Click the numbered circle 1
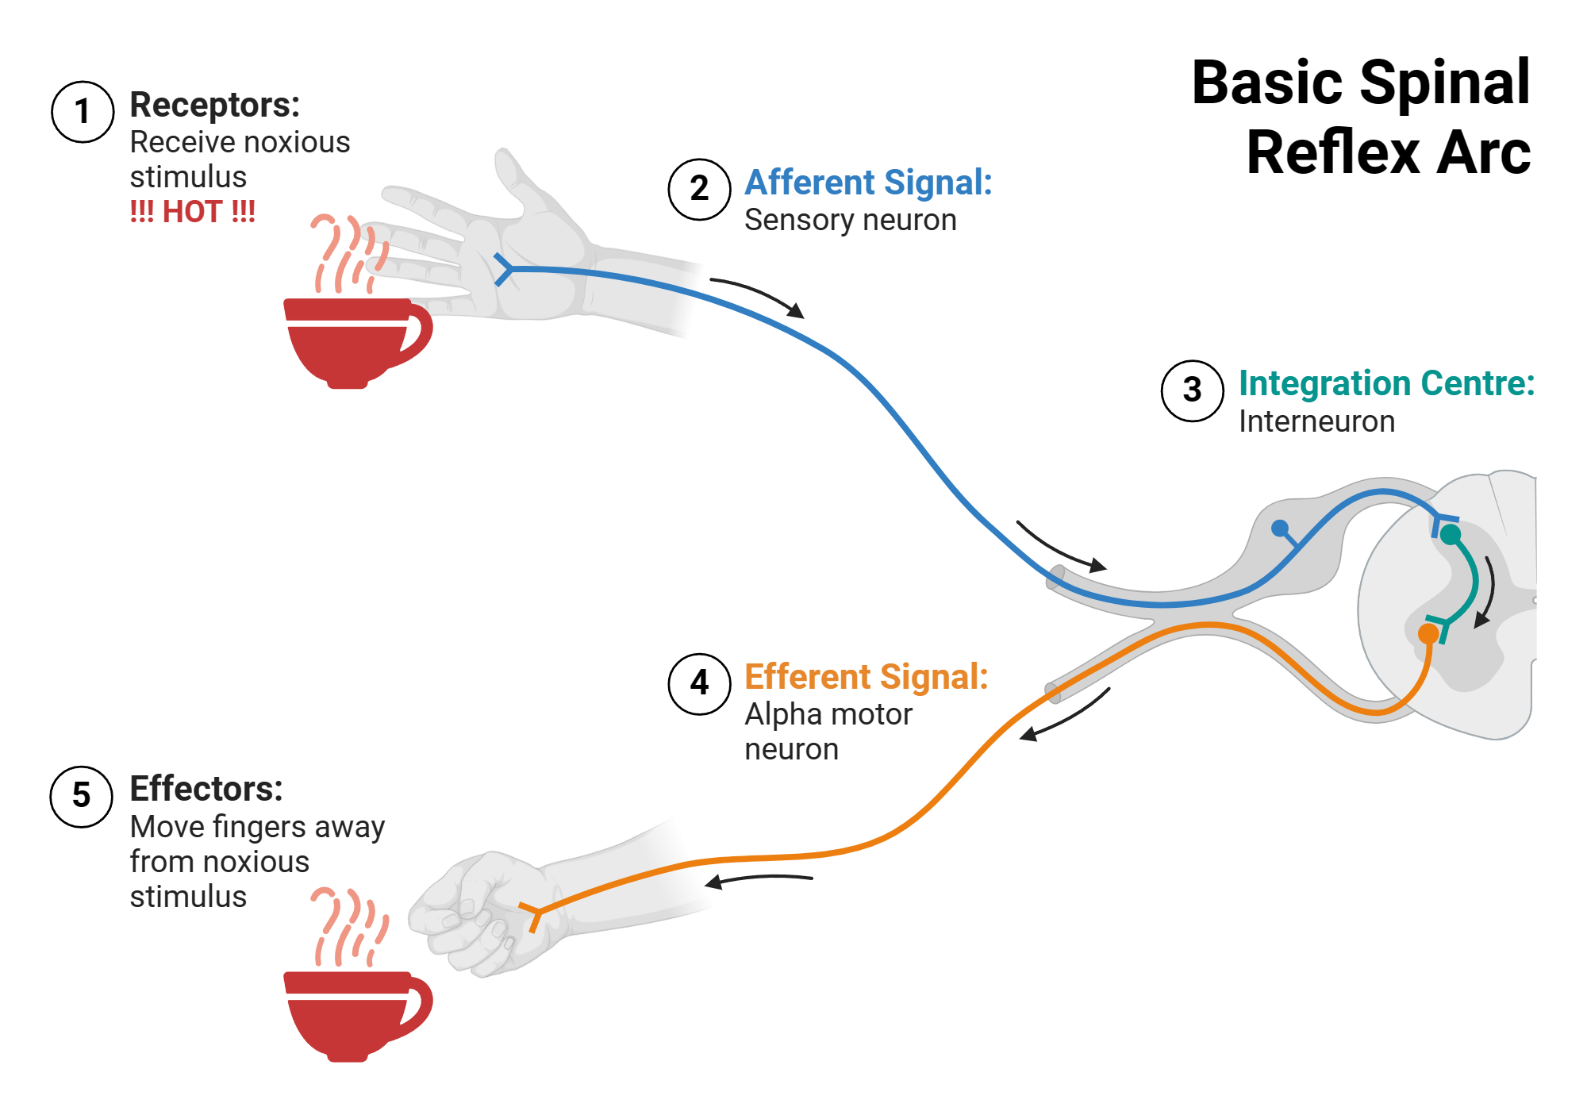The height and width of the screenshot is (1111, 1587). coord(83,112)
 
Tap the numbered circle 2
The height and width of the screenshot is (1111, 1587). coord(699,189)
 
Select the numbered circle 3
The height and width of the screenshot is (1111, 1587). coord(1192,390)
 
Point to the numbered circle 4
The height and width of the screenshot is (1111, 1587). coord(699,683)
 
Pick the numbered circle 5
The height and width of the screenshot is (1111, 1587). coord(82,796)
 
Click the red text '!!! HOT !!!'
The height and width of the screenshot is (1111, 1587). coord(193,212)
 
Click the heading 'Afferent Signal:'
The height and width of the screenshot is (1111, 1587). coord(868,183)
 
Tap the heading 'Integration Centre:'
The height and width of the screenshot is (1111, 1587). coord(1386,383)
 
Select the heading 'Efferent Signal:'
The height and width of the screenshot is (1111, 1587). coord(867,677)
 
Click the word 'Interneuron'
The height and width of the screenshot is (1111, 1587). coord(1316,421)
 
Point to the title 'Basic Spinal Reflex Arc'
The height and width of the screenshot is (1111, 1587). coord(1362,117)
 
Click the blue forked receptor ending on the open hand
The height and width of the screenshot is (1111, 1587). coord(503,270)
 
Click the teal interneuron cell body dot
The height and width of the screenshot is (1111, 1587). coord(1451,535)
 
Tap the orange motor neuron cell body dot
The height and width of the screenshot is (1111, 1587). coord(1428,633)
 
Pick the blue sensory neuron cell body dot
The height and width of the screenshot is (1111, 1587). coord(1279,528)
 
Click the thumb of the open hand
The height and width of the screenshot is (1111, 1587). coord(516,179)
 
